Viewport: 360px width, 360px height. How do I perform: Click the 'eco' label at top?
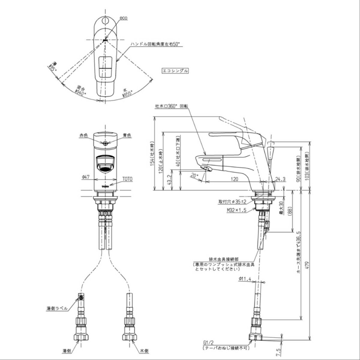click(x=123, y=18)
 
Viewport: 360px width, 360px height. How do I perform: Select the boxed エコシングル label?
click(x=175, y=71)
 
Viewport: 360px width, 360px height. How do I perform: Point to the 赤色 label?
click(x=83, y=136)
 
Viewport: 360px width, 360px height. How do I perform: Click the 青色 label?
click(x=127, y=136)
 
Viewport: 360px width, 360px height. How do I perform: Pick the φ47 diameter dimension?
click(x=86, y=178)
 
